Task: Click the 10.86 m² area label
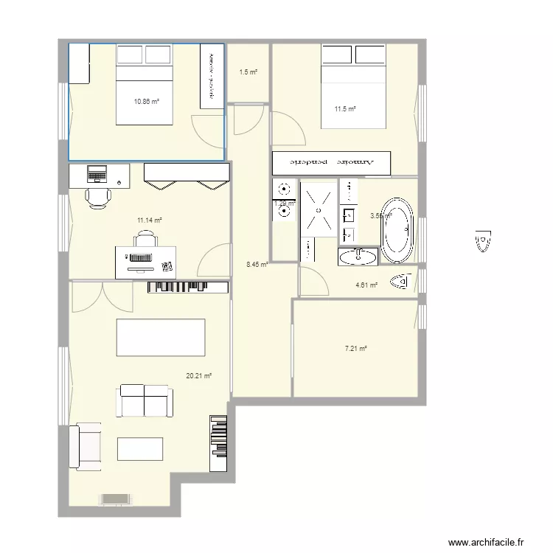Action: [x=147, y=102]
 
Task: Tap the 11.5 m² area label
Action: [x=345, y=109]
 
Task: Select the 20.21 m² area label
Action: [x=199, y=375]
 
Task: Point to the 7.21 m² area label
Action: [x=357, y=349]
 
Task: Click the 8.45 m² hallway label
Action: [x=257, y=264]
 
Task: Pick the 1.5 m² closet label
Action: [x=248, y=72]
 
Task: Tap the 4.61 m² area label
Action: [x=366, y=285]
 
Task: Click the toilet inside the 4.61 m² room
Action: [x=400, y=281]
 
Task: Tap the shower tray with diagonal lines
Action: [x=319, y=209]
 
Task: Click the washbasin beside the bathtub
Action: [x=358, y=257]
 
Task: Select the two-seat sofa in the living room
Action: [x=145, y=400]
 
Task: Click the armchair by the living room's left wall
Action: [x=86, y=445]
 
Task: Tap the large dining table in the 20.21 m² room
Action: [x=161, y=338]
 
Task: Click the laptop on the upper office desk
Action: [x=97, y=175]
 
